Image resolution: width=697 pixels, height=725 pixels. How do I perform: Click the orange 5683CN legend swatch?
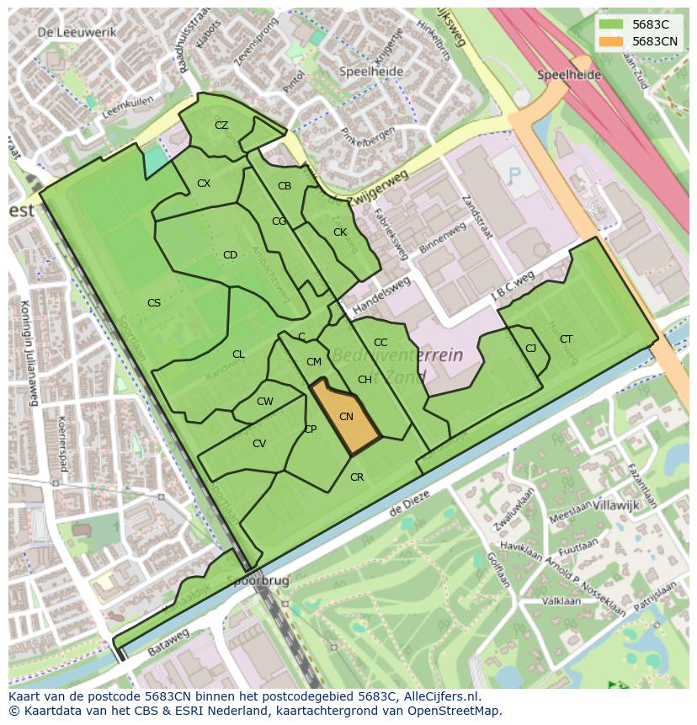click(611, 41)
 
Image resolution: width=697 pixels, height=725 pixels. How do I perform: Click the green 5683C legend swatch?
click(611, 24)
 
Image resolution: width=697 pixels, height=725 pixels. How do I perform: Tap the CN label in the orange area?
click(346, 417)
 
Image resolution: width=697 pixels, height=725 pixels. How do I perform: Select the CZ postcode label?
click(221, 125)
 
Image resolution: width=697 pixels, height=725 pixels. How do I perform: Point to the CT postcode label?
click(566, 339)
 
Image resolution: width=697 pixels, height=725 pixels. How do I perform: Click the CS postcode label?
click(154, 303)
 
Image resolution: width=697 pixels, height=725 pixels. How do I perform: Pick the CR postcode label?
click(357, 477)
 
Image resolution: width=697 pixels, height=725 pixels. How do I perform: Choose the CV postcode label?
click(259, 444)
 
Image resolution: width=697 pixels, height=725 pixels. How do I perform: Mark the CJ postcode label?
click(530, 349)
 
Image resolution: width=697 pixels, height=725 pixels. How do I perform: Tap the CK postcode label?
click(340, 232)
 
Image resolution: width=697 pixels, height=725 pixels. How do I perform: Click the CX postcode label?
click(204, 184)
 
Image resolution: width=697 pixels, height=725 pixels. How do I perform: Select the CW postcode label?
click(265, 402)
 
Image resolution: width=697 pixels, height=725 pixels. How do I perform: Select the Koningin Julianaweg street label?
click(28, 353)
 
